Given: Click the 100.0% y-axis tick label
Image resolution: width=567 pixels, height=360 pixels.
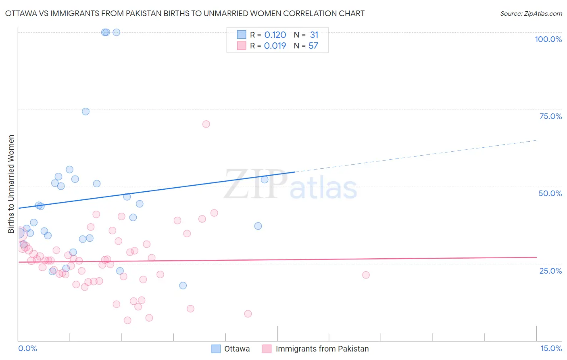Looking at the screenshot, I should pyautogui.click(x=548, y=39).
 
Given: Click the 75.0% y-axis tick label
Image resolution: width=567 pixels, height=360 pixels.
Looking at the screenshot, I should pyautogui.click(x=550, y=116).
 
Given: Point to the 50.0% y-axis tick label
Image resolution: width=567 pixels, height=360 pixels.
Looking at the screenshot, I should pyautogui.click(x=550, y=193).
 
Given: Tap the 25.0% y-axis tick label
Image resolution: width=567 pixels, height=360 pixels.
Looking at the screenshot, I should pyautogui.click(x=550, y=271).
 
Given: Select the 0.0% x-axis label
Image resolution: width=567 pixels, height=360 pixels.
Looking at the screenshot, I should pyautogui.click(x=27, y=349).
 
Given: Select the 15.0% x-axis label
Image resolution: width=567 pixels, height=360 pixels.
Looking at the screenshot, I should pyautogui.click(x=551, y=349).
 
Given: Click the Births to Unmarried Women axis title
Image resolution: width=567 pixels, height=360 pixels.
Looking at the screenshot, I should pyautogui.click(x=11, y=184).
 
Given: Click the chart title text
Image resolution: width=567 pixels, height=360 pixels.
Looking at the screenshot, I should pyautogui.click(x=185, y=14).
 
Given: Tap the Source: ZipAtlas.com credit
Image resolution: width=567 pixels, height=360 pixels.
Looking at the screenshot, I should pyautogui.click(x=531, y=14).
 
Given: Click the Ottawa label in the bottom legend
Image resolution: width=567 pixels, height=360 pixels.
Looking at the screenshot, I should pyautogui.click(x=237, y=349).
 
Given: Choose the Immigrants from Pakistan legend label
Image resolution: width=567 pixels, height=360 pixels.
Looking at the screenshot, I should pyautogui.click(x=322, y=349).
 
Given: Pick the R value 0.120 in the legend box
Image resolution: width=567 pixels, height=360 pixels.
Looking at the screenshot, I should pyautogui.click(x=275, y=35).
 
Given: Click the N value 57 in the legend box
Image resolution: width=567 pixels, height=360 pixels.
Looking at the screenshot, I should pyautogui.click(x=313, y=46).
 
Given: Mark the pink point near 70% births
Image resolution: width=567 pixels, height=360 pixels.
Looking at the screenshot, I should pyautogui.click(x=206, y=124).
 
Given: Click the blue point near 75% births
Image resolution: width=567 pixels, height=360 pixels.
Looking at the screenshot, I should pyautogui.click(x=85, y=111).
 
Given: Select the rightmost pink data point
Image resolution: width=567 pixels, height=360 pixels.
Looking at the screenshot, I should pyautogui.click(x=366, y=275).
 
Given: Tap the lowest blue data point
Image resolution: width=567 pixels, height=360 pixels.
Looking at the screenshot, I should pyautogui.click(x=183, y=285).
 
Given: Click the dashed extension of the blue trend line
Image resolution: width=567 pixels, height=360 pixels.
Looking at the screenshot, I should pyautogui.click(x=415, y=156).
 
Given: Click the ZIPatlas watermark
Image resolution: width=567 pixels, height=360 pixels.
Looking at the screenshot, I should pyautogui.click(x=290, y=185).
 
